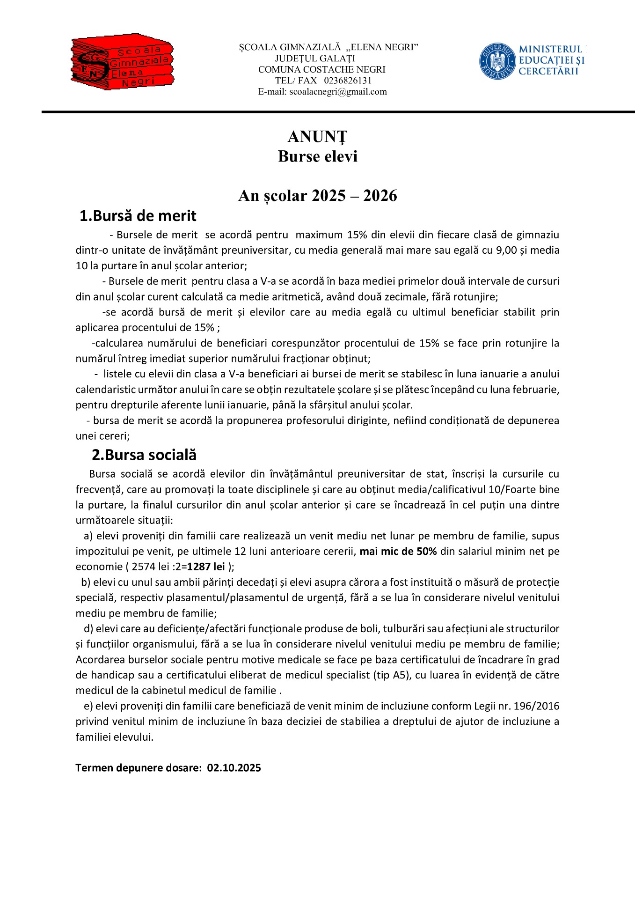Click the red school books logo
(x=123, y=62)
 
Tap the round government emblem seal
(x=497, y=61)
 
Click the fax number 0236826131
(x=348, y=81)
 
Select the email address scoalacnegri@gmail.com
(x=338, y=92)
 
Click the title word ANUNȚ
(x=317, y=137)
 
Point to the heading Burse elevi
(x=317, y=156)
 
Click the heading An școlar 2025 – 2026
(x=317, y=196)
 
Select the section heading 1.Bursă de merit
(x=138, y=216)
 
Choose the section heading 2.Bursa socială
(x=144, y=455)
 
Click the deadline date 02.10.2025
(x=234, y=768)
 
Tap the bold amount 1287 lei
(x=206, y=567)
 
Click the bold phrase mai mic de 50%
(x=398, y=552)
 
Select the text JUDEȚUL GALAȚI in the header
(x=315, y=59)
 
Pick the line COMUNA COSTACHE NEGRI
(x=322, y=70)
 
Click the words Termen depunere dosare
(x=138, y=768)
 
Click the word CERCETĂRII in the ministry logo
(x=548, y=72)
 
